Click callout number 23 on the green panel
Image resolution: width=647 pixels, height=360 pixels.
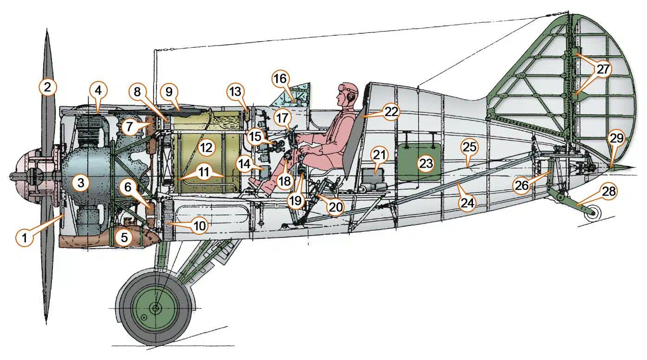click(x=426, y=163)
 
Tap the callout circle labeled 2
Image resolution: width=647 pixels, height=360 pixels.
click(x=48, y=87)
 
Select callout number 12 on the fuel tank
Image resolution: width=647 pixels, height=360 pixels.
click(x=206, y=148)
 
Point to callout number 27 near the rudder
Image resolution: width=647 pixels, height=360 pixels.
click(x=602, y=69)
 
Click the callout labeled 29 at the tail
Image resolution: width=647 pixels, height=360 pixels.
click(x=616, y=138)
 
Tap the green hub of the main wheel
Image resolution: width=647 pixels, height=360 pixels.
click(x=155, y=307)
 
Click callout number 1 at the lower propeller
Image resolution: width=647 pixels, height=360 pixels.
click(x=25, y=238)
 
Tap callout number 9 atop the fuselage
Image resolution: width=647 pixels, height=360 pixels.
click(x=169, y=92)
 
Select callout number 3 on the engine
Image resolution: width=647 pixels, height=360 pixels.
click(x=81, y=183)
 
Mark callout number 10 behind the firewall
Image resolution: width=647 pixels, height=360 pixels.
click(x=198, y=226)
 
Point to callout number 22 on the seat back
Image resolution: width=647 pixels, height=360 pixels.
click(x=391, y=112)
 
